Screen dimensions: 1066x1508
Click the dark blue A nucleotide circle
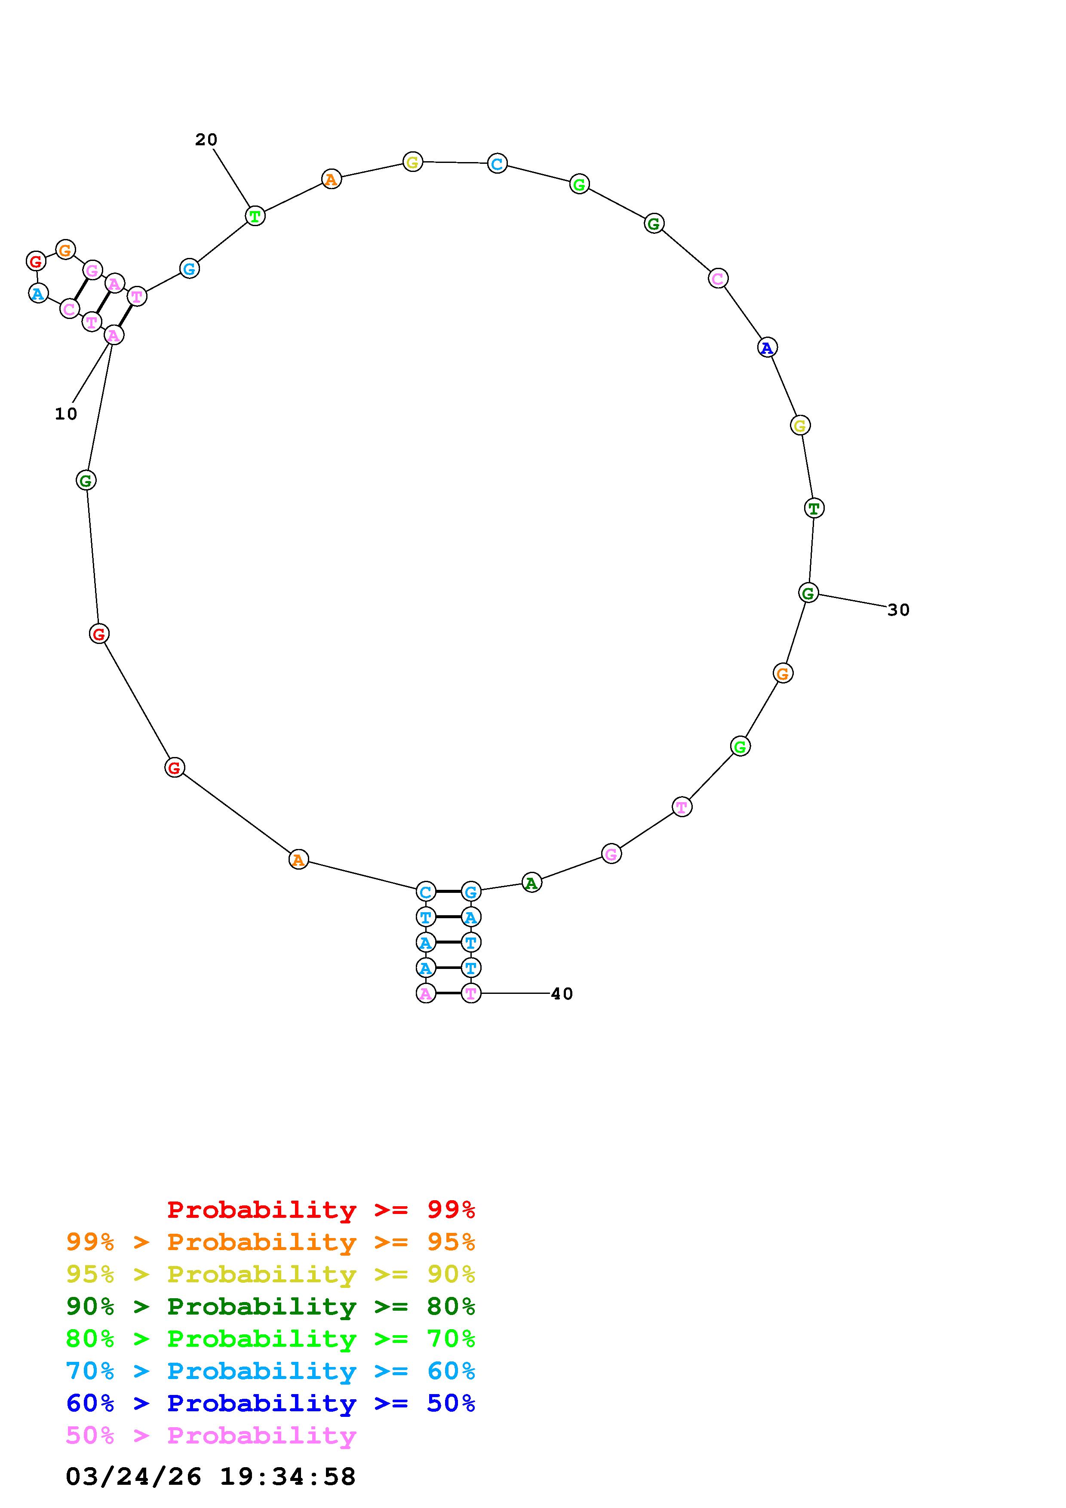pyautogui.click(x=767, y=347)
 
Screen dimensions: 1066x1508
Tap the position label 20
pyautogui.click(x=206, y=140)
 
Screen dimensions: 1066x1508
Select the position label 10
pyautogui.click(x=66, y=414)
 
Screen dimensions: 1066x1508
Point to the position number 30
pyautogui.click(x=899, y=610)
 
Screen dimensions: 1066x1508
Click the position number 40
pyautogui.click(x=562, y=994)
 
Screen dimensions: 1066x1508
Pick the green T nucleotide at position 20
pyautogui.click(x=255, y=215)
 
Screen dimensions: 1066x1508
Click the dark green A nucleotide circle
pyautogui.click(x=531, y=883)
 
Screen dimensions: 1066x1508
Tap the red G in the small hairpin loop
pyautogui.click(x=36, y=261)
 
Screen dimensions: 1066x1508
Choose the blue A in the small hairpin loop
pyautogui.click(x=39, y=293)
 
